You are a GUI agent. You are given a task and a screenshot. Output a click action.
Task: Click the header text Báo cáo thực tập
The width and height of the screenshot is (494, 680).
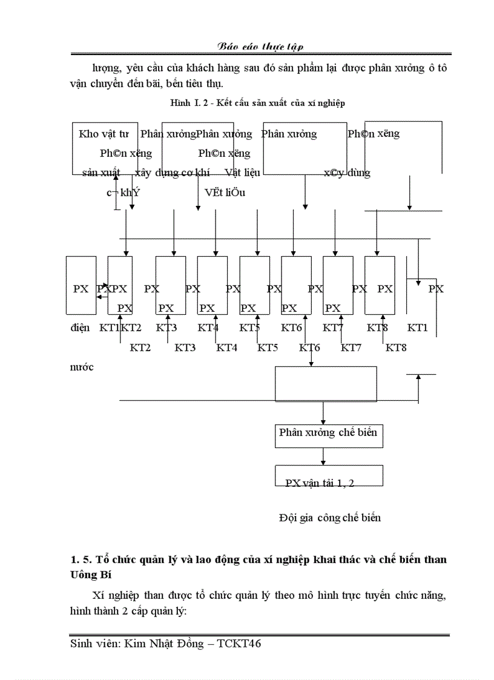coord(261,47)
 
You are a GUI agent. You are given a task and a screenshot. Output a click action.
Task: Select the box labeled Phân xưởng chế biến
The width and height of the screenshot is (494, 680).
coord(328,433)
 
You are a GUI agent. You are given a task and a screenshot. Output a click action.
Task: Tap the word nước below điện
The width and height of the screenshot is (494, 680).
coord(82,367)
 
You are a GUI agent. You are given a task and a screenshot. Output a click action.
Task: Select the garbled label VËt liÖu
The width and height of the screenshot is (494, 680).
coord(225,193)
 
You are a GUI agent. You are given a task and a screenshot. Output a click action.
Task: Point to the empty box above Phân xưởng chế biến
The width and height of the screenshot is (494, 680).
coord(326,383)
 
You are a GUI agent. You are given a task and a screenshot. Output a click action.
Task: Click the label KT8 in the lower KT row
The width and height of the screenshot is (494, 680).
coord(396,348)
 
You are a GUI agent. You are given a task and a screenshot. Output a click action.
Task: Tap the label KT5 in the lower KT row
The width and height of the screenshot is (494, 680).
coord(268,348)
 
